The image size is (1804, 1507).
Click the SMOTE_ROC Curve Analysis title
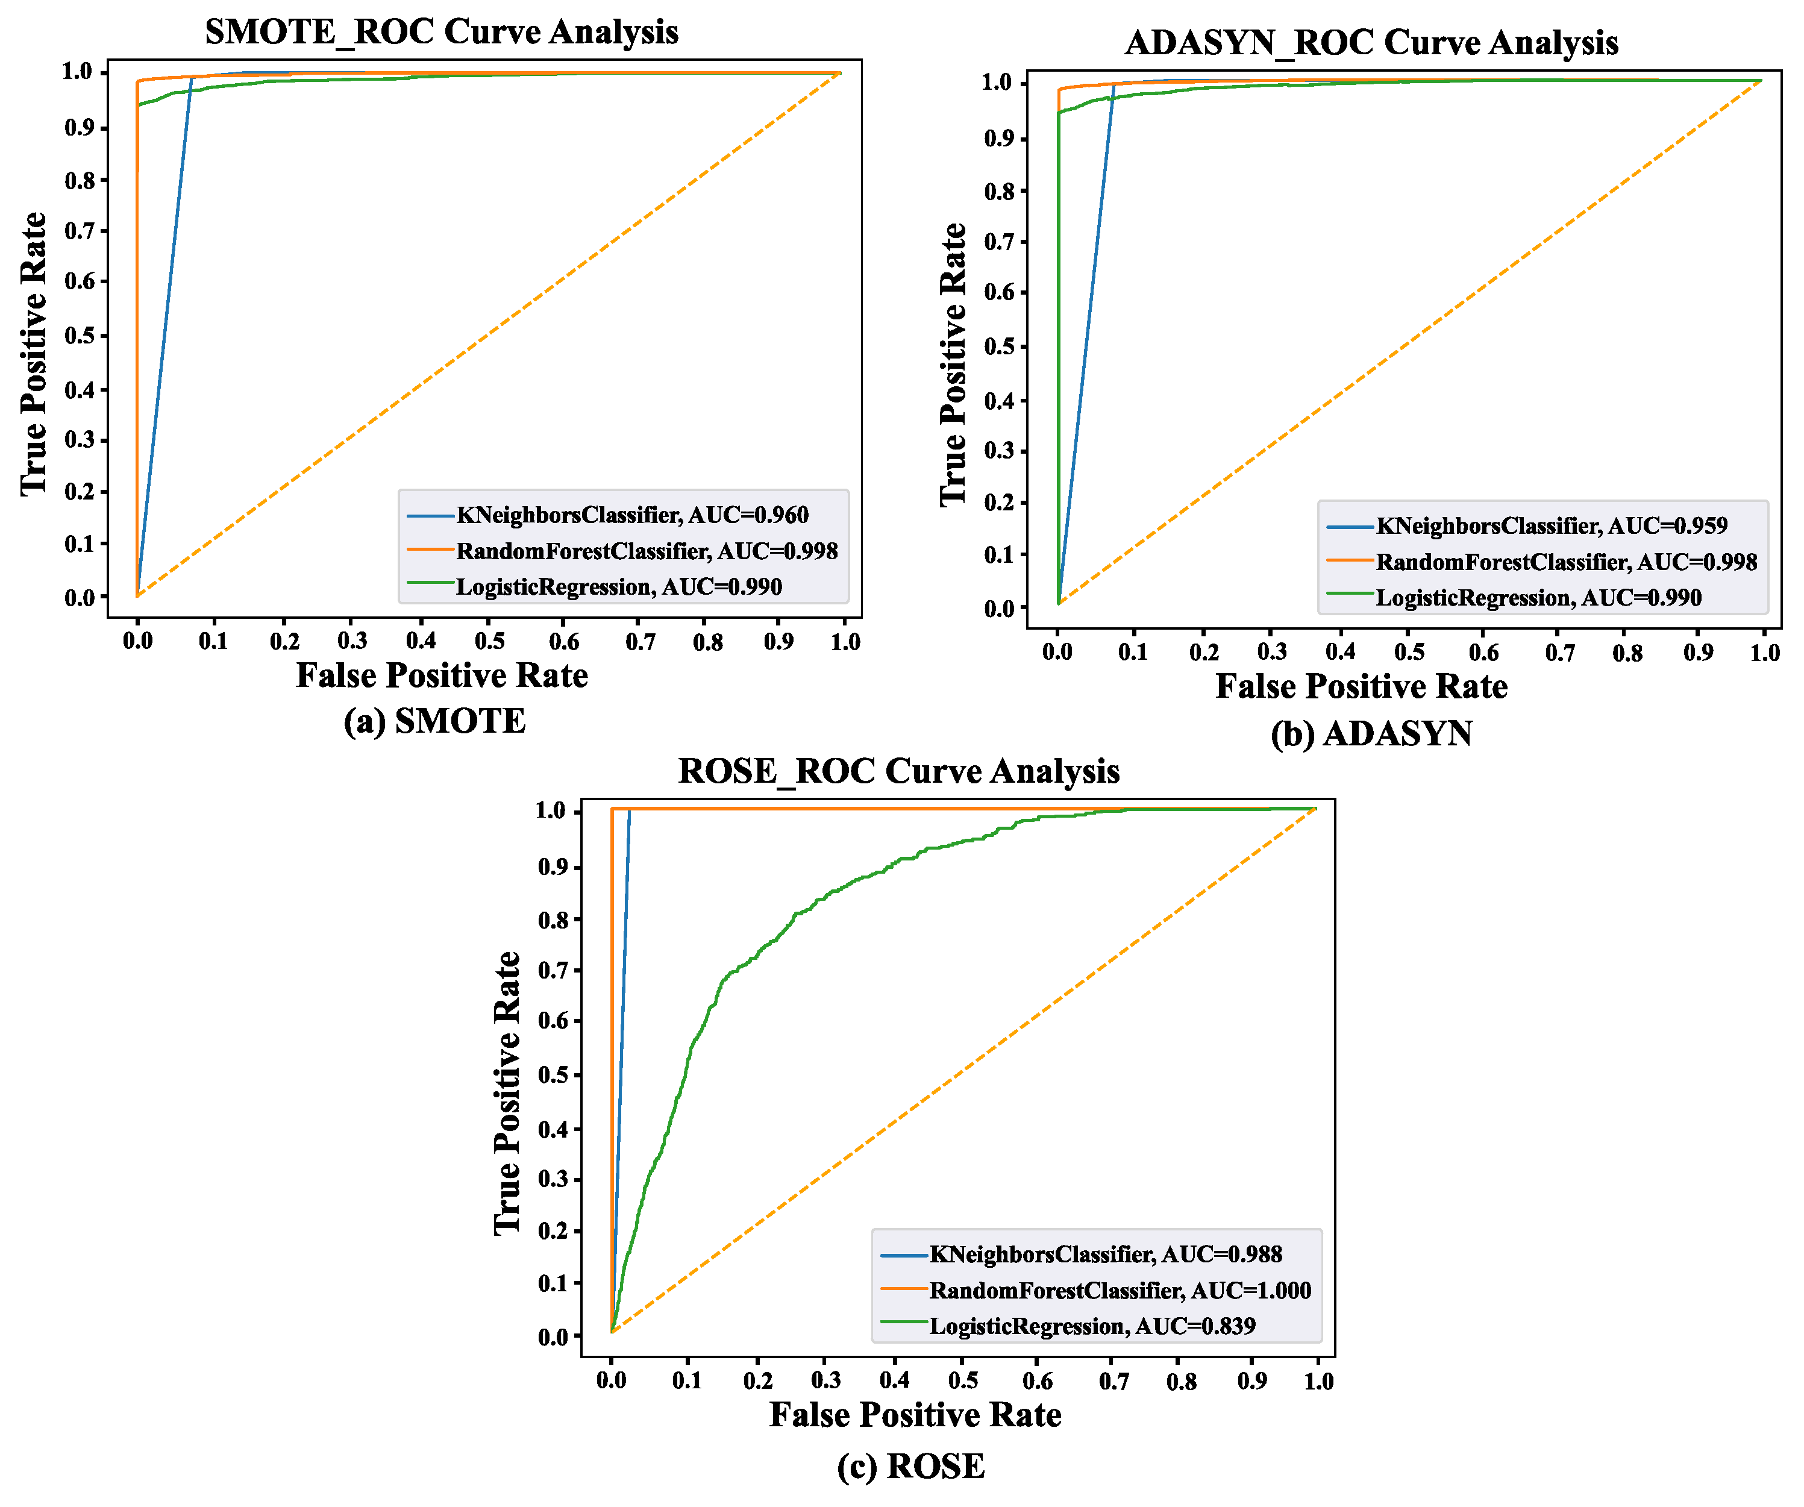pos(442,32)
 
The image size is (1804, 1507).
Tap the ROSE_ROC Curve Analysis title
pos(898,771)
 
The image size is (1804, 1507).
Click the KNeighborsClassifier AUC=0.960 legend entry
pos(631,516)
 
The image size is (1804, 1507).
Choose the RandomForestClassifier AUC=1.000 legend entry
pos(1120,1291)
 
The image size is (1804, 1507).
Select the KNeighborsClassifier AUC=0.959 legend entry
pos(1550,526)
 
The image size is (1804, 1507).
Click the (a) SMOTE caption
pos(434,721)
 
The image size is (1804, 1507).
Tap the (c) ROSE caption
pos(910,1466)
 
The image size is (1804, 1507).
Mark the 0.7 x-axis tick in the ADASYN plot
pos(1559,653)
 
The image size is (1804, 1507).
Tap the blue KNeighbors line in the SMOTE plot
pos(163,335)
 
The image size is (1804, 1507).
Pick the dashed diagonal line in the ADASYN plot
pos(1409,343)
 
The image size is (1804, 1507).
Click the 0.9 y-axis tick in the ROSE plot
pos(553,867)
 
